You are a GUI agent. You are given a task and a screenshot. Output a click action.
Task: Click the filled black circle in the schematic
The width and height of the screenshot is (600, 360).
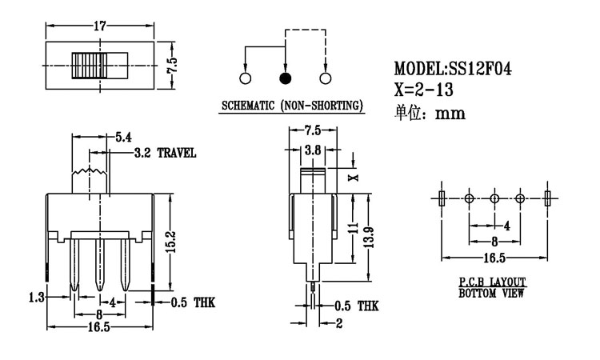click(285, 78)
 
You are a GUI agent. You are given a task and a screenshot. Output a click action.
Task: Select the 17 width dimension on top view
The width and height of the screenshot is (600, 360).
click(101, 26)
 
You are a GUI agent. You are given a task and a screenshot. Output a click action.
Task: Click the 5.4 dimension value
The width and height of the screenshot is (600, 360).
click(123, 138)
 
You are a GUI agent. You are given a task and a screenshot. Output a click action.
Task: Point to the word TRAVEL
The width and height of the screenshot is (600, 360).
click(176, 153)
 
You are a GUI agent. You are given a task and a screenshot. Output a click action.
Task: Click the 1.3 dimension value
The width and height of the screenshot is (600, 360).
click(34, 297)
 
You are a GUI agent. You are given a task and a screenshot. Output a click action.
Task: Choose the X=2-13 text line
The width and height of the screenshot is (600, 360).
click(430, 90)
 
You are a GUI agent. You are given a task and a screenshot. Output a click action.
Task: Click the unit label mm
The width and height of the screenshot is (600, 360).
click(450, 113)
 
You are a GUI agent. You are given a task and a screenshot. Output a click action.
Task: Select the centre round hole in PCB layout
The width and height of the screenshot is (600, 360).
click(494, 198)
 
